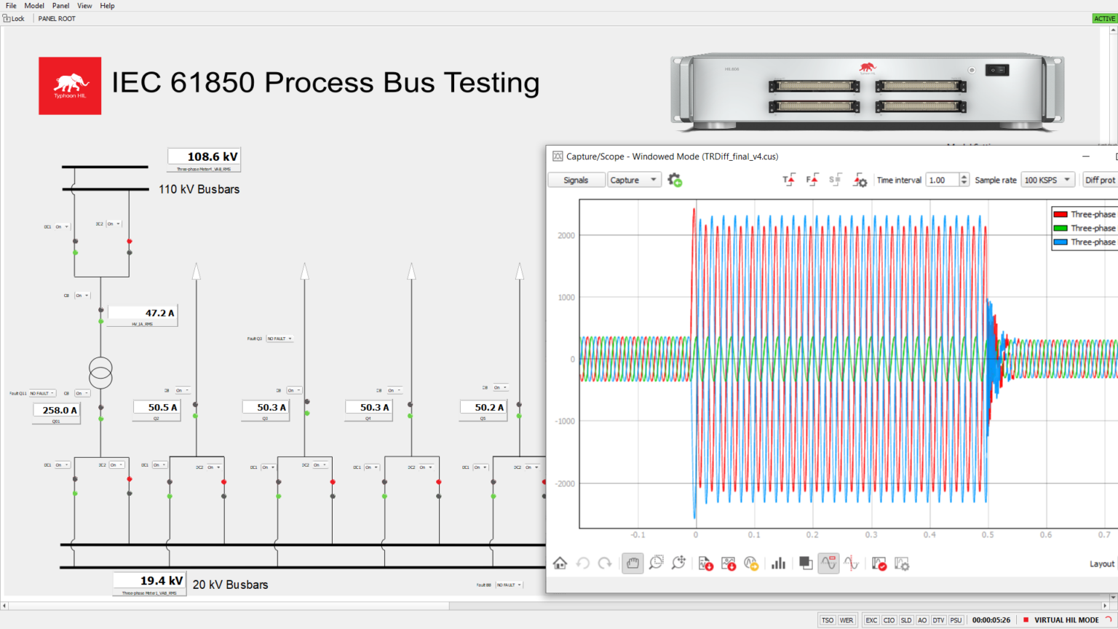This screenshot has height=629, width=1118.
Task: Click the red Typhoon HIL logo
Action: pyautogui.click(x=70, y=86)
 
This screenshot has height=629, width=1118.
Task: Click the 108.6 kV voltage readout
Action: pyautogui.click(x=204, y=157)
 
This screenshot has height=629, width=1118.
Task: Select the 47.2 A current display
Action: pyautogui.click(x=143, y=313)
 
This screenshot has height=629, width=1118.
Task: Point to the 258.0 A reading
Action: pyautogui.click(x=57, y=411)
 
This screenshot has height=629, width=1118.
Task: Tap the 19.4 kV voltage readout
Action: pyautogui.click(x=149, y=580)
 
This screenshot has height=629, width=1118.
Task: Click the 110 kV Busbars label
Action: pyautogui.click(x=199, y=189)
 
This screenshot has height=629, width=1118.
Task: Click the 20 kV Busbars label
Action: pyautogui.click(x=230, y=585)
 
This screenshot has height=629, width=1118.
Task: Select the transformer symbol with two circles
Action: pyautogui.click(x=100, y=372)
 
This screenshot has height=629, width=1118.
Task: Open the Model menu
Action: pyautogui.click(x=34, y=6)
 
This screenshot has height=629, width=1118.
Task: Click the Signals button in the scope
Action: pyautogui.click(x=576, y=180)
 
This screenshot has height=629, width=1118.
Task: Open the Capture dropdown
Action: pyautogui.click(x=634, y=180)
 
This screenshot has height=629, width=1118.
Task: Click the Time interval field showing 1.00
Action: pyautogui.click(x=942, y=180)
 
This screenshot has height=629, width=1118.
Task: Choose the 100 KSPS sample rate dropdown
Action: pyautogui.click(x=1047, y=180)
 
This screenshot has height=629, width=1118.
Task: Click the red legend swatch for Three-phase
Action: pyautogui.click(x=1060, y=214)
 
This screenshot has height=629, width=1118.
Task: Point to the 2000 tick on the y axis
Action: pyautogui.click(x=566, y=235)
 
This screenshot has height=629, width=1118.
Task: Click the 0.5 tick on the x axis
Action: pyautogui.click(x=988, y=534)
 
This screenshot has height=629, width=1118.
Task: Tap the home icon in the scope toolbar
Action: pyautogui.click(x=560, y=563)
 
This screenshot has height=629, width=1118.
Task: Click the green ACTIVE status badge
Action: pyautogui.click(x=1104, y=18)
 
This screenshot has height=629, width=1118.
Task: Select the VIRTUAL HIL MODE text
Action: pyautogui.click(x=1066, y=620)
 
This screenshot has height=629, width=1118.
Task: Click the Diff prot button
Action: pyautogui.click(x=1100, y=180)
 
